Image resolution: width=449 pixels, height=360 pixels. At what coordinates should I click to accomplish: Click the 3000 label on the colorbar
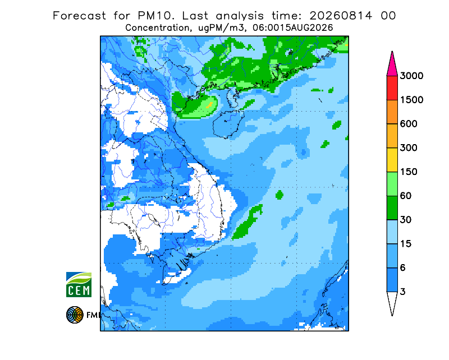pos(411,76)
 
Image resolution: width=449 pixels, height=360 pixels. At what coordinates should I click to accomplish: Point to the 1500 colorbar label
pos(411,100)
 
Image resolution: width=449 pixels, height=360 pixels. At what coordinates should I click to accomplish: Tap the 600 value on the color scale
pos(409,124)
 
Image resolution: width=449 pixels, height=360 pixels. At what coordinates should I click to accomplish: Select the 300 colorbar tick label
pos(409,148)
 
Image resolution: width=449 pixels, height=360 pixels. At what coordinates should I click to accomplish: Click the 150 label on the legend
pos(409,172)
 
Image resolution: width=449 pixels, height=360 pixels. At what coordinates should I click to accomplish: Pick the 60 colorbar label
pos(405,196)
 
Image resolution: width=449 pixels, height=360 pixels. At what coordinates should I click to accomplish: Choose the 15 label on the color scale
pos(405,244)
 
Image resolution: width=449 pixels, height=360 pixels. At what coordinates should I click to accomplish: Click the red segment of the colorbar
pos(392,88)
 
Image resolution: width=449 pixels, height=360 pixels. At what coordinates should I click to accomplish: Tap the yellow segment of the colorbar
pos(392,160)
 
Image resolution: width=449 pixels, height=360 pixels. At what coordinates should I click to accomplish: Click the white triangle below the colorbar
pos(392,302)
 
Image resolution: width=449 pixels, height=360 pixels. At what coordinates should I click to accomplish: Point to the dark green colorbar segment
pos(392,208)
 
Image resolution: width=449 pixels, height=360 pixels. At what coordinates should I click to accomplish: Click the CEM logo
pos(79,284)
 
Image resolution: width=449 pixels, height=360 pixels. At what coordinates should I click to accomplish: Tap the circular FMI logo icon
pos(75,315)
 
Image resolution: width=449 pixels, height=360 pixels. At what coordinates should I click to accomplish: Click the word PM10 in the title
pos(156,16)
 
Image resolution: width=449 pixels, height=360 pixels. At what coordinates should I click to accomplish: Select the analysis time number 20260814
pos(341,16)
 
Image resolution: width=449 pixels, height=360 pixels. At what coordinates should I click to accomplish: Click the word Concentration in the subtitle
pos(157,28)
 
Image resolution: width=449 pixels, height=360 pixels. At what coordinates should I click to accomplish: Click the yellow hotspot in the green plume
pos(210,105)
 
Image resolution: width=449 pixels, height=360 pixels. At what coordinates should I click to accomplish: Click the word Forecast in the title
pos(79,16)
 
